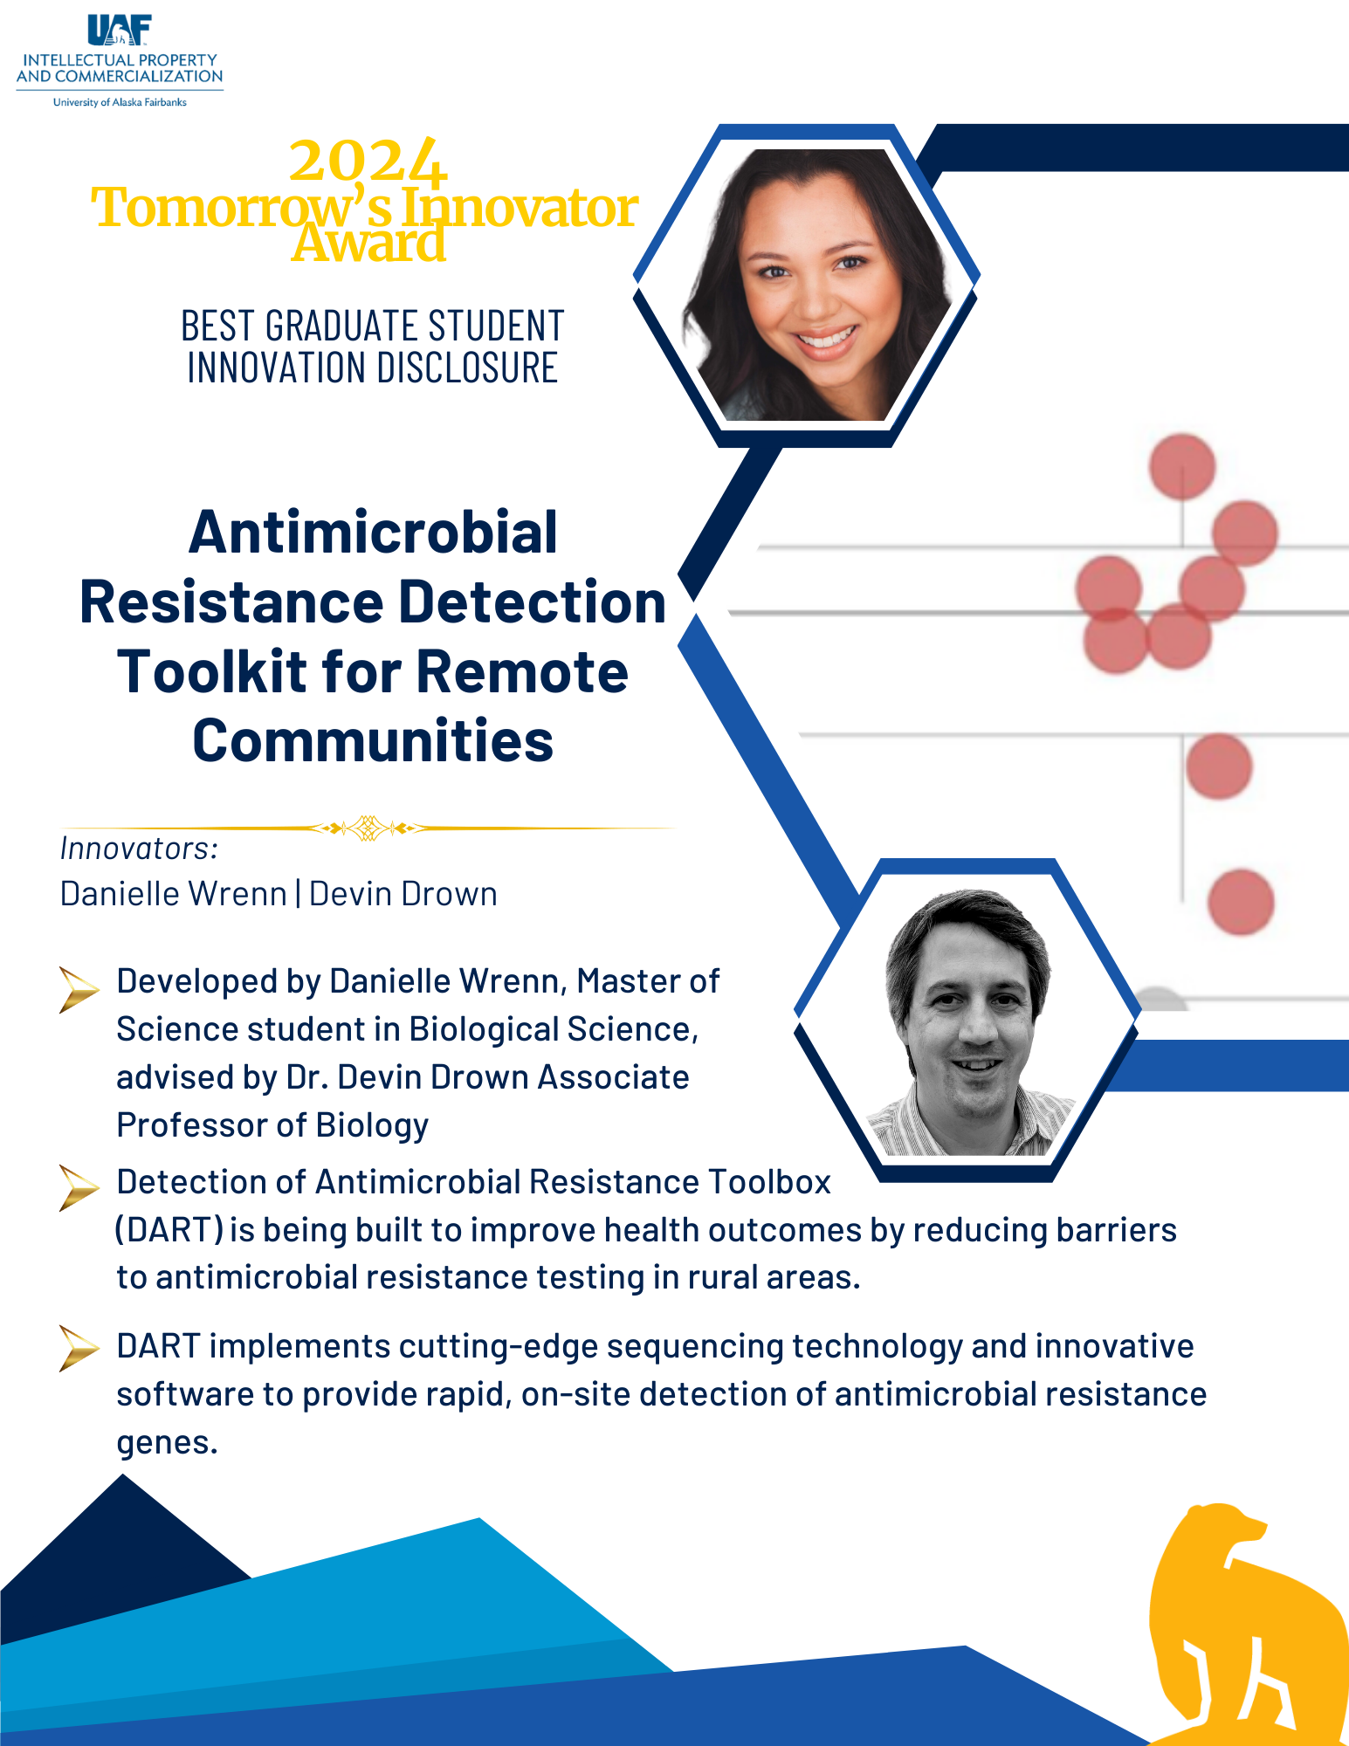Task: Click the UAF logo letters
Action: click(x=120, y=30)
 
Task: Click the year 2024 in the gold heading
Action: click(x=368, y=161)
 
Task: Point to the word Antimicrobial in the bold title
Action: click(x=373, y=532)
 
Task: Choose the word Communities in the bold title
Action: click(x=373, y=741)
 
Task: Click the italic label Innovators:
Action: click(x=139, y=849)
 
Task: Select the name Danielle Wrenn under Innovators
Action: click(x=174, y=894)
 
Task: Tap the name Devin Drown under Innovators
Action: click(x=403, y=894)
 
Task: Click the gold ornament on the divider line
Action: click(x=368, y=828)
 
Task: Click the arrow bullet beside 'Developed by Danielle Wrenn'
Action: click(x=79, y=990)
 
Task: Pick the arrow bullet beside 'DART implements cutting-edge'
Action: click(x=79, y=1349)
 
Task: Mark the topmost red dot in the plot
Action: click(x=1182, y=466)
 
